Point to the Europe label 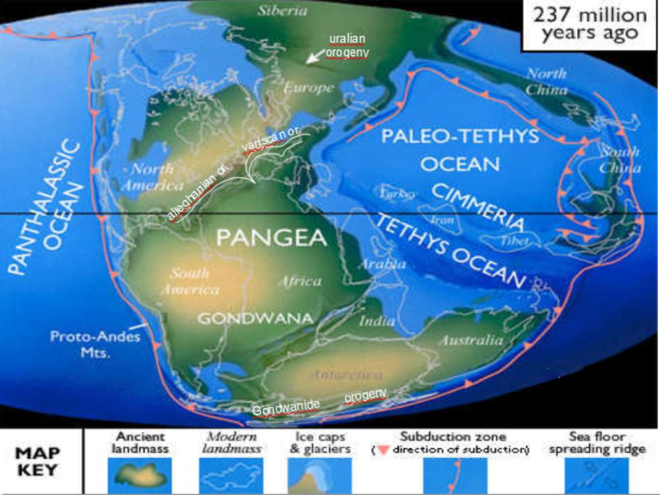point(309,89)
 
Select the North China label point(546,81)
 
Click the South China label point(619,160)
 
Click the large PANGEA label point(271,238)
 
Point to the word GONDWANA point(256,318)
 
